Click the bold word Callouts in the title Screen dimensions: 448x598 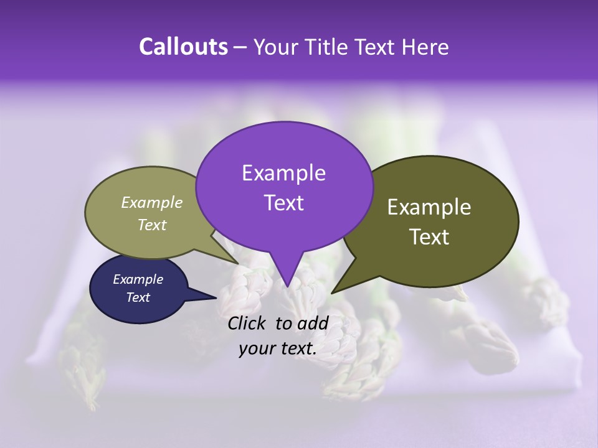click(183, 47)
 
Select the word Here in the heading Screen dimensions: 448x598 click(426, 47)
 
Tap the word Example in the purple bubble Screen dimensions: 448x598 click(283, 173)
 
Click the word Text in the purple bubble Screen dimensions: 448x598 click(283, 203)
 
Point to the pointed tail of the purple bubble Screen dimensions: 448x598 click(287, 286)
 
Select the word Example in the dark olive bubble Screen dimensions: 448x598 click(429, 207)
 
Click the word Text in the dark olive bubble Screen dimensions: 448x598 click(429, 237)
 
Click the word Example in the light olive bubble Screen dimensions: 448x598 click(151, 202)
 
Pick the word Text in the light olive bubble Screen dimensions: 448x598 click(151, 225)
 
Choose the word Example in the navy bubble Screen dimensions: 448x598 click(138, 279)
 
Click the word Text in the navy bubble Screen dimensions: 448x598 click(138, 297)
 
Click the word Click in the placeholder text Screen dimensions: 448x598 click(248, 323)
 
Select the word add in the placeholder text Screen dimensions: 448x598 click(313, 323)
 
